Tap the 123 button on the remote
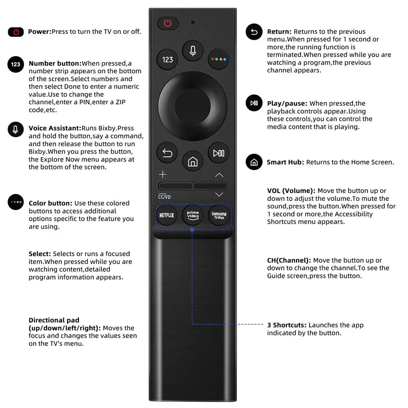(x=168, y=60)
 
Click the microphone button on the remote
(x=193, y=51)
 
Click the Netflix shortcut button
(x=166, y=215)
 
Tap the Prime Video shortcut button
(x=193, y=215)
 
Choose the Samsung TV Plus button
(x=219, y=215)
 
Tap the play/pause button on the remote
(x=218, y=153)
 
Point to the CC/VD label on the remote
(x=164, y=197)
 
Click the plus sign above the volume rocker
(x=163, y=175)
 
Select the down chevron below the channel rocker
(x=219, y=195)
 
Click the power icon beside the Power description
(x=16, y=32)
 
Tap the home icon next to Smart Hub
(x=254, y=162)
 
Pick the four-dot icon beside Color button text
(x=16, y=202)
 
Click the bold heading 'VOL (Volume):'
(x=291, y=191)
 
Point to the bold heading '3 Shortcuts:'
(x=287, y=325)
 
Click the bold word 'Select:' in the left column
(x=40, y=254)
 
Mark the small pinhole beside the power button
(x=193, y=22)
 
